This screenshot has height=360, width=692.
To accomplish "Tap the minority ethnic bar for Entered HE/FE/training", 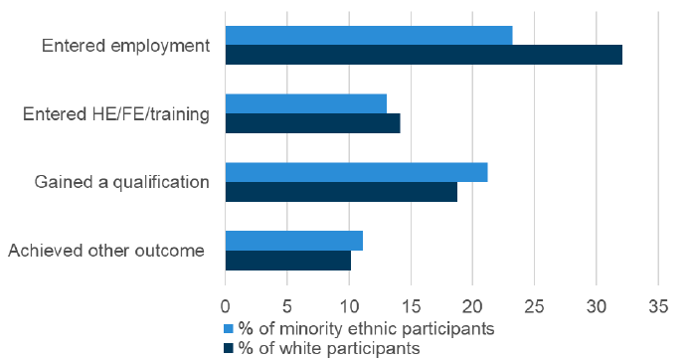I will coord(305,103).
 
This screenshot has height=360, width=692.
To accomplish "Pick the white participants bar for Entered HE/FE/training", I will coord(312,123).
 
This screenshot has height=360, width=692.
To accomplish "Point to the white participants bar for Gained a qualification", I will coord(341,192).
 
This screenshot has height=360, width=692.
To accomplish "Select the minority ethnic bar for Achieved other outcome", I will coord(293,241).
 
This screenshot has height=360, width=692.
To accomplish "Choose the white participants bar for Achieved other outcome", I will coord(287,261).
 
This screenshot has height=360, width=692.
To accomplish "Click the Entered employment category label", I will coord(125,46).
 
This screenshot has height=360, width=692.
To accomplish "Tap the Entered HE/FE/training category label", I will coord(115,114).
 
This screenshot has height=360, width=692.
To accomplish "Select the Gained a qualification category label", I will coord(121,182).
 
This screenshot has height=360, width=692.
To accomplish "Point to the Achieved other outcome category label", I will coord(105,251).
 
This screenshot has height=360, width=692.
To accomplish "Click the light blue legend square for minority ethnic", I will coord(229,328).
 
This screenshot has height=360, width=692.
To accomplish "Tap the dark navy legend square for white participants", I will coord(229,348).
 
